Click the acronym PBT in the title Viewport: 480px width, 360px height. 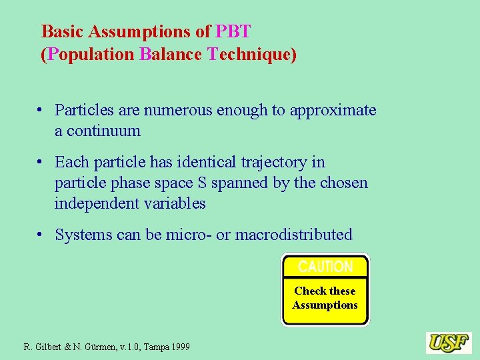(x=233, y=31)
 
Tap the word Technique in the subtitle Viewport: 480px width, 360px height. (x=249, y=54)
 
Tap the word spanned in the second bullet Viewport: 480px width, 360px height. (x=246, y=183)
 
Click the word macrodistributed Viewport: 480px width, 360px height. (x=294, y=235)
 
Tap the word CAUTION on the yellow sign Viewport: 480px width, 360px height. (x=325, y=267)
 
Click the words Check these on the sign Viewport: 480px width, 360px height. (x=325, y=291)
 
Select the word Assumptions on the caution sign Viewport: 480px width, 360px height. (x=325, y=305)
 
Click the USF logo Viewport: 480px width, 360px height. (x=449, y=343)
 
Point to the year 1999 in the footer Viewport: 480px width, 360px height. (x=178, y=347)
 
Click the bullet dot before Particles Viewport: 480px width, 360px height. (x=41, y=111)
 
